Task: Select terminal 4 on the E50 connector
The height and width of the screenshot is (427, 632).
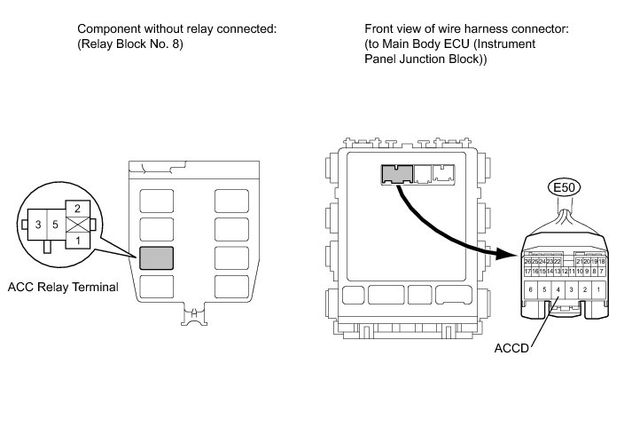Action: coord(557,290)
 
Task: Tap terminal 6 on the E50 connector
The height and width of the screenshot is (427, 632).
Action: coord(529,290)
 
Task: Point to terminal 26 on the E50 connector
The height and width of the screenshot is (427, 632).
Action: coord(527,261)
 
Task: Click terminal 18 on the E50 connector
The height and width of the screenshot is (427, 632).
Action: coord(602,261)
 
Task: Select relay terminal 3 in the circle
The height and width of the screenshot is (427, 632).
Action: coord(38,225)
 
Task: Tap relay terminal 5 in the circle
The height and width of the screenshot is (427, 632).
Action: coord(55,225)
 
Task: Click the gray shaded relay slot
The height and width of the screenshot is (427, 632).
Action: coord(156,258)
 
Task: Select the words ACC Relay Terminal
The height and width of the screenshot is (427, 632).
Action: coord(62,287)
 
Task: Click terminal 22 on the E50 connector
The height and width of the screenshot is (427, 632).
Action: coord(558,261)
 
